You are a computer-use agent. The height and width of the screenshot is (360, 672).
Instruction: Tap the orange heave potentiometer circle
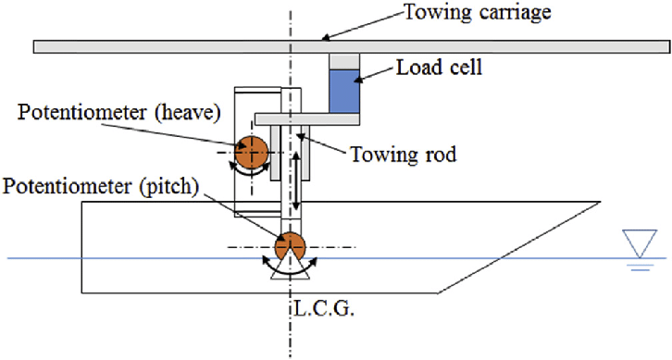point(250,152)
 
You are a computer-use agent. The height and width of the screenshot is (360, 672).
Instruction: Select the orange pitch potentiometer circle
point(290,247)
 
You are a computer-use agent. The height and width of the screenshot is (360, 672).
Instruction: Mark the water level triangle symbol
point(638,243)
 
